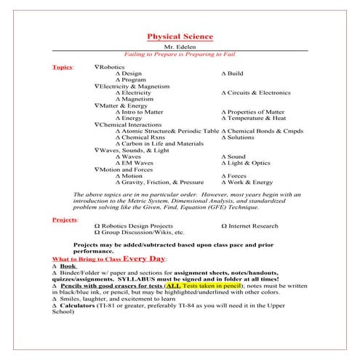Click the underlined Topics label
pos(63,67)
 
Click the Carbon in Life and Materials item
pos(163,144)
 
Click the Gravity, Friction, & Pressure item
pos(163,183)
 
